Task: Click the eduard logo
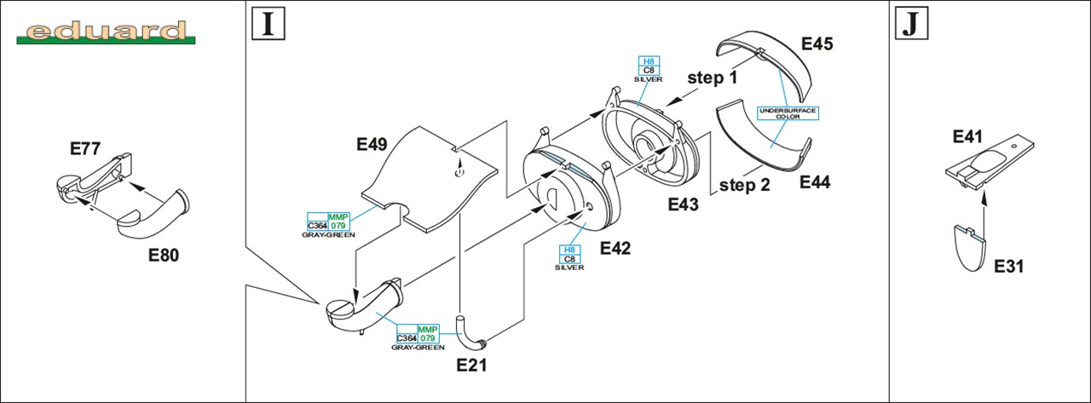pyautogui.click(x=106, y=32)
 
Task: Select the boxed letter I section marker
pyautogui.click(x=267, y=25)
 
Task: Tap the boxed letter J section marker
pyautogui.click(x=910, y=25)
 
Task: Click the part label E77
pyautogui.click(x=86, y=149)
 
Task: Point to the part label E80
pyautogui.click(x=164, y=254)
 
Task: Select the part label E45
pyautogui.click(x=817, y=43)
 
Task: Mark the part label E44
pyautogui.click(x=815, y=181)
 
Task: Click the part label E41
pyautogui.click(x=969, y=135)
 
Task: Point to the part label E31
pyautogui.click(x=1009, y=266)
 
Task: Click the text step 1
pyautogui.click(x=713, y=78)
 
